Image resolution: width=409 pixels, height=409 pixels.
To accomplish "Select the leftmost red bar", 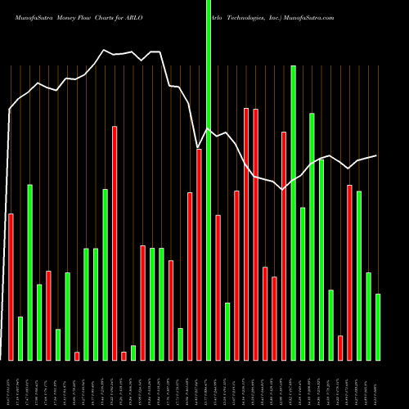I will (x=11, y=286).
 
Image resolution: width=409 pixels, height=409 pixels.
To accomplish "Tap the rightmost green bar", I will (x=378, y=326).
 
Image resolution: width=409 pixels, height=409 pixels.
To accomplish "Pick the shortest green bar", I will (x=133, y=353).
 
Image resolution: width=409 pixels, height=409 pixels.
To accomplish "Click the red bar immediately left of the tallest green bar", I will (x=199, y=254).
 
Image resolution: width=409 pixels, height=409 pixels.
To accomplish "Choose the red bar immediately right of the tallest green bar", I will (x=218, y=287).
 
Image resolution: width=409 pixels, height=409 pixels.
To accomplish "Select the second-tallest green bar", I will (x=293, y=213).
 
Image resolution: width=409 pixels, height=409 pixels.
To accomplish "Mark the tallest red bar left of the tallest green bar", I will (x=115, y=243).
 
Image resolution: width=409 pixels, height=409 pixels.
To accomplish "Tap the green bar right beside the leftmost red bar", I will (x=20, y=338).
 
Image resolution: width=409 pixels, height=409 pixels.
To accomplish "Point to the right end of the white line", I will (x=377, y=155).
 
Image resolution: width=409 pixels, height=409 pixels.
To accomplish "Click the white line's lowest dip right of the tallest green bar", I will (x=283, y=190).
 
